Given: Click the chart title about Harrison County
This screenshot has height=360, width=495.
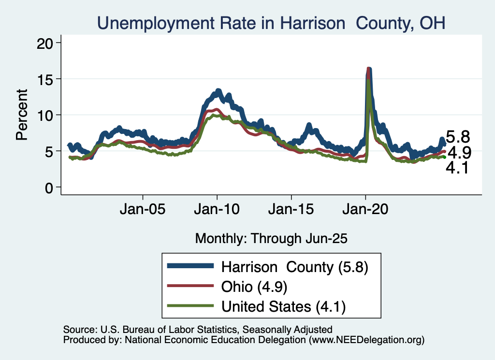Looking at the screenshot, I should (x=271, y=23).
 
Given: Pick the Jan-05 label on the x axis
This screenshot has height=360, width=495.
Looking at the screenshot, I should (x=143, y=210).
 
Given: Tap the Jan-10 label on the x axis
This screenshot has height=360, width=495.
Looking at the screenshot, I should (x=217, y=210).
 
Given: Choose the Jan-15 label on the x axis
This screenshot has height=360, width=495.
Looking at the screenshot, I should (x=291, y=210).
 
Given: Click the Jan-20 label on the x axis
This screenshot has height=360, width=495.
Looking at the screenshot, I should (x=365, y=210).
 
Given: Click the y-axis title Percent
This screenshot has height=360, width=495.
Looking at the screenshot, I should (x=22, y=115).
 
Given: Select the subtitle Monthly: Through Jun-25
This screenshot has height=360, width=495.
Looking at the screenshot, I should (x=271, y=238).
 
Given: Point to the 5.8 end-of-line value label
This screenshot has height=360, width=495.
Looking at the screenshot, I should (x=457, y=137).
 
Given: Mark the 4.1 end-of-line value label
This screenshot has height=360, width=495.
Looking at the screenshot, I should (x=457, y=169).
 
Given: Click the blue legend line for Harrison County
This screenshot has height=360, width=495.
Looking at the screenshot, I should (x=189, y=266).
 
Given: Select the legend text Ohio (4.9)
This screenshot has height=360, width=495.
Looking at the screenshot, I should (x=254, y=286).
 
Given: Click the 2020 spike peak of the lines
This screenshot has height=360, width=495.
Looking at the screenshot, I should (x=368, y=69).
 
